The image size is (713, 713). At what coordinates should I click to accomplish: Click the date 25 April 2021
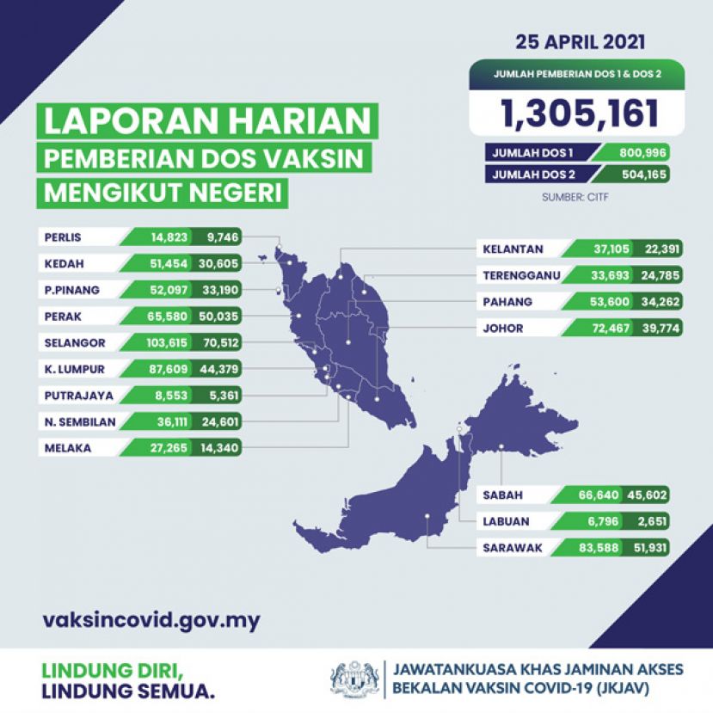tap(580, 41)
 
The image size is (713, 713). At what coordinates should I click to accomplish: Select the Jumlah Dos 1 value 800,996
tap(638, 153)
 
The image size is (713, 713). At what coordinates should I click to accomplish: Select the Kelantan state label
tap(513, 249)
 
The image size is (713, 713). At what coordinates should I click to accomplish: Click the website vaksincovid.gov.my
tap(151, 620)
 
